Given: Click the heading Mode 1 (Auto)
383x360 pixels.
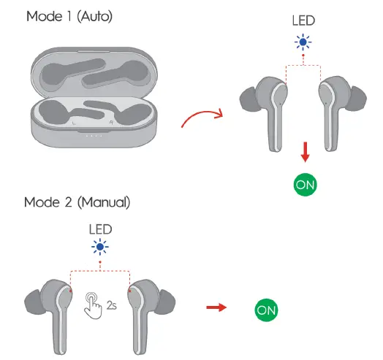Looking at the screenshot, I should pos(69,15).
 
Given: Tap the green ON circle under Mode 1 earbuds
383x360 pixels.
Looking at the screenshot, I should pos(306,183).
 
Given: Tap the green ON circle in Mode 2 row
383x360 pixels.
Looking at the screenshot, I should pos(266,310).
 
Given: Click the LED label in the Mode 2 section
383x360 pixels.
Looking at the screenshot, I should pos(100,229).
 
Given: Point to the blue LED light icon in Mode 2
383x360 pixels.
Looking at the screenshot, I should pos(100,246).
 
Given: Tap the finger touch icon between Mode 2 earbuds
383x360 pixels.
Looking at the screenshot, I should pos(94,305).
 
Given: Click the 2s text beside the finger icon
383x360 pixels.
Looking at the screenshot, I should pos(112,306).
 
